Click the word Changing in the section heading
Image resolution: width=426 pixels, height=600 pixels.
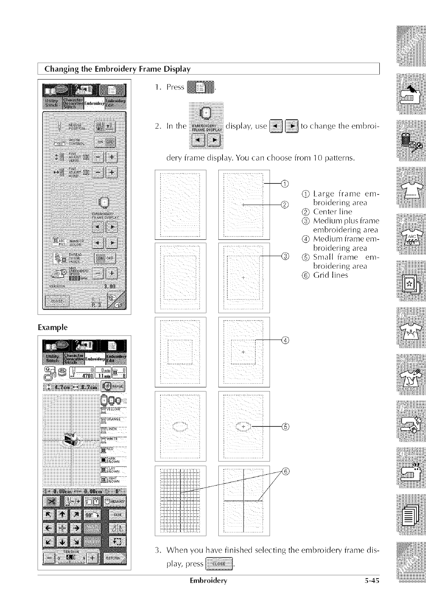[59, 68]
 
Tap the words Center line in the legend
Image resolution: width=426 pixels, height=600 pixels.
[333, 212]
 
